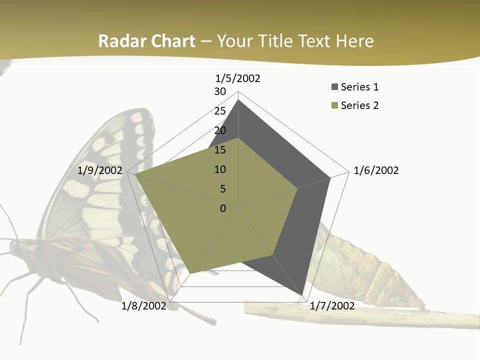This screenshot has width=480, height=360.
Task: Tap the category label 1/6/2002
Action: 376,170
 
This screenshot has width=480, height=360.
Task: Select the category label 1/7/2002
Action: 332,306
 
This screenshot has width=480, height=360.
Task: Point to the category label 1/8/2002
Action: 143,306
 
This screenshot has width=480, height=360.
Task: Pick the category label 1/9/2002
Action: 100,170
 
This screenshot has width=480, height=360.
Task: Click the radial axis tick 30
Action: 220,91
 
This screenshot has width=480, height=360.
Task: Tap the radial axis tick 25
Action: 220,111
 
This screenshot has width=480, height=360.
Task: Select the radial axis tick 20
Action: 220,130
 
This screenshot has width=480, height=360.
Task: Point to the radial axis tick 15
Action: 220,150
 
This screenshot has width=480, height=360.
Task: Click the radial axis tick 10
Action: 220,169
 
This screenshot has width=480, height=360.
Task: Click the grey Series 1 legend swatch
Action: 334,87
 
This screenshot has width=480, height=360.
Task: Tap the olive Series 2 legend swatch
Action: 334,105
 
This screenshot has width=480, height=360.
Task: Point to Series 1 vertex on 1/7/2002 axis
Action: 302,295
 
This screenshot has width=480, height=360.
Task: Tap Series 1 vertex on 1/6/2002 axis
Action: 330,177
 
